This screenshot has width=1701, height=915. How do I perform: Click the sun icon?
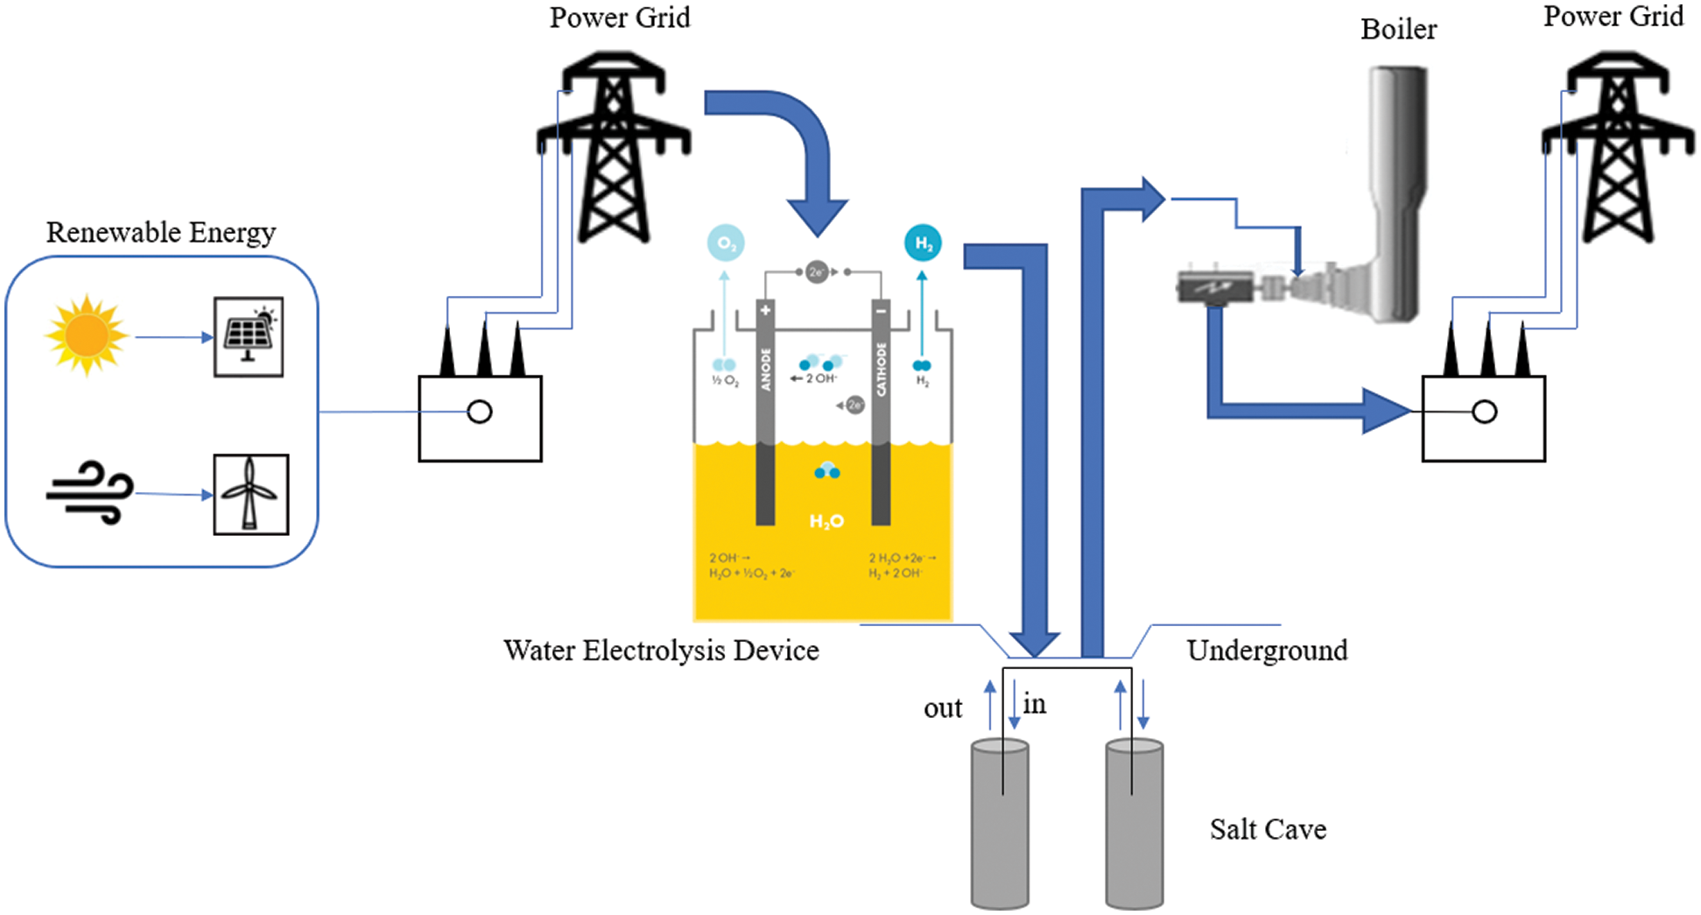pyautogui.click(x=86, y=335)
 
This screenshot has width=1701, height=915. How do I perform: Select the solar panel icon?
pyautogui.click(x=249, y=337)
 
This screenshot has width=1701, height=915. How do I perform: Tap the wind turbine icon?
pyautogui.click(x=250, y=494)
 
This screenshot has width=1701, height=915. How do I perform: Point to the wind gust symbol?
pyautogui.click(x=90, y=493)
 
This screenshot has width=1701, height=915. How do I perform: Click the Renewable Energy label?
pyautogui.click(x=161, y=232)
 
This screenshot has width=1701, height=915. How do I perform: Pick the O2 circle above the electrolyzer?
pyautogui.click(x=726, y=243)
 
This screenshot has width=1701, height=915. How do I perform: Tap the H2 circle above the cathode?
pyautogui.click(x=923, y=243)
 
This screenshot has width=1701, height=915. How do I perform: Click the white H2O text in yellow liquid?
pyautogui.click(x=826, y=522)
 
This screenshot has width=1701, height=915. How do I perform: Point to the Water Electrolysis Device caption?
pyautogui.click(x=661, y=651)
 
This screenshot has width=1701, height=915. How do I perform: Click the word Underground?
pyautogui.click(x=1267, y=651)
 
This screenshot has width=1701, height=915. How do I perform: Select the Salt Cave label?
pyautogui.click(x=1268, y=829)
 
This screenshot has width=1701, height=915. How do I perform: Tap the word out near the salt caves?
pyautogui.click(x=943, y=708)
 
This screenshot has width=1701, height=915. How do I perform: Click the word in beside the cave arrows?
pyautogui.click(x=1035, y=704)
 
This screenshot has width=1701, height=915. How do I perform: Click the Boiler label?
pyautogui.click(x=1398, y=30)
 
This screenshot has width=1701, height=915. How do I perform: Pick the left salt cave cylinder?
pyautogui.click(x=1000, y=823)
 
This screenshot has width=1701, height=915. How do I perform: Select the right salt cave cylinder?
pyautogui.click(x=1135, y=823)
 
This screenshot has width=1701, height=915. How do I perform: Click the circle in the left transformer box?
pyautogui.click(x=480, y=412)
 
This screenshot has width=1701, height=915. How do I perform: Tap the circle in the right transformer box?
pyautogui.click(x=1484, y=412)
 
